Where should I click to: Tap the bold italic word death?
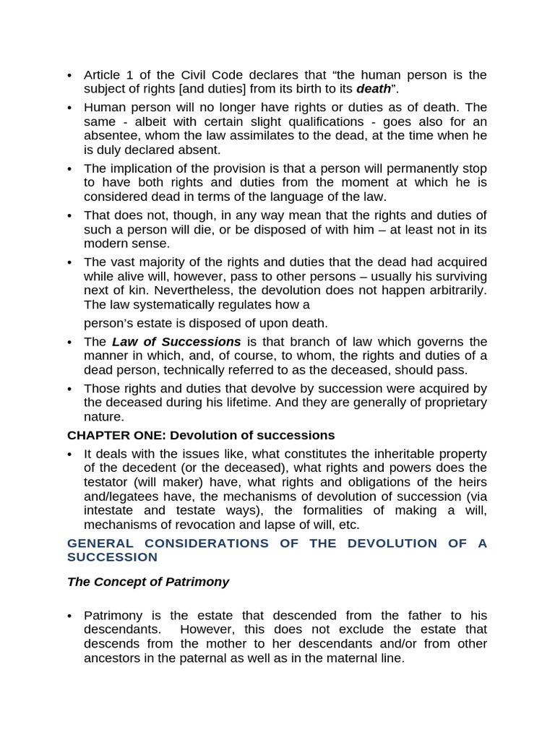pyautogui.click(x=374, y=89)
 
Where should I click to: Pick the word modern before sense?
pyautogui.click(x=105, y=244)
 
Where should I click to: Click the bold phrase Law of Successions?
pyautogui.click(x=176, y=341)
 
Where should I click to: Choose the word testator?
pyautogui.click(x=109, y=482)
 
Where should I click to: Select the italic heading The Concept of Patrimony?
pyautogui.click(x=147, y=581)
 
